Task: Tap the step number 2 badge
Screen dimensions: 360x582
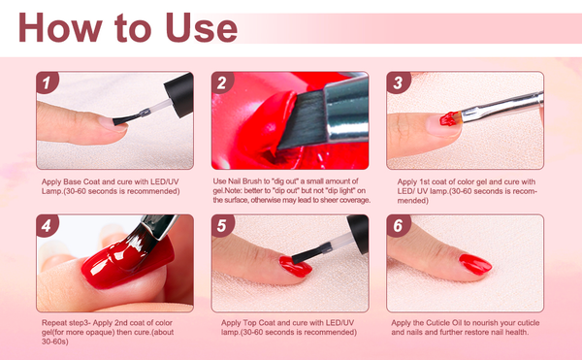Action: (222, 83)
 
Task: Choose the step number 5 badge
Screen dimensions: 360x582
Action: (222, 227)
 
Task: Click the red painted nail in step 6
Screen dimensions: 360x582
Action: (475, 263)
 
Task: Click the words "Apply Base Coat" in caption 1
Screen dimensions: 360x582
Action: (73, 181)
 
